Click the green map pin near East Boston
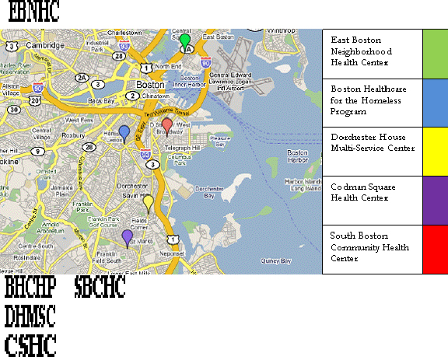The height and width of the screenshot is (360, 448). click(x=184, y=40)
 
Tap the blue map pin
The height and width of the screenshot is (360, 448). click(x=124, y=131)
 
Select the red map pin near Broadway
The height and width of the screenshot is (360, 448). click(x=166, y=124)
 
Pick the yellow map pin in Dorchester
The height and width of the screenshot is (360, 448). click(x=148, y=202)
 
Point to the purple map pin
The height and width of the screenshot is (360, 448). click(x=127, y=236)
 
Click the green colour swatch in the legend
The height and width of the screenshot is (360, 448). click(x=435, y=54)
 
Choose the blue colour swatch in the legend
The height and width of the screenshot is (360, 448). click(x=435, y=103)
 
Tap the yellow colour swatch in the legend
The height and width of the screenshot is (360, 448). click(x=435, y=152)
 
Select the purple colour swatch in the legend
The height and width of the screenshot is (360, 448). click(x=435, y=201)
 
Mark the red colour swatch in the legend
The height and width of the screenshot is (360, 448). click(x=435, y=249)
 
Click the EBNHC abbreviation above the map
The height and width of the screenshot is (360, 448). click(x=33, y=12)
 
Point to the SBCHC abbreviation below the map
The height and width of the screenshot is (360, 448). click(x=100, y=288)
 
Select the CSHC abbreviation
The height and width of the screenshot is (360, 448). click(x=30, y=344)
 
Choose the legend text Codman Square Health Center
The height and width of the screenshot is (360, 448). click(x=359, y=192)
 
